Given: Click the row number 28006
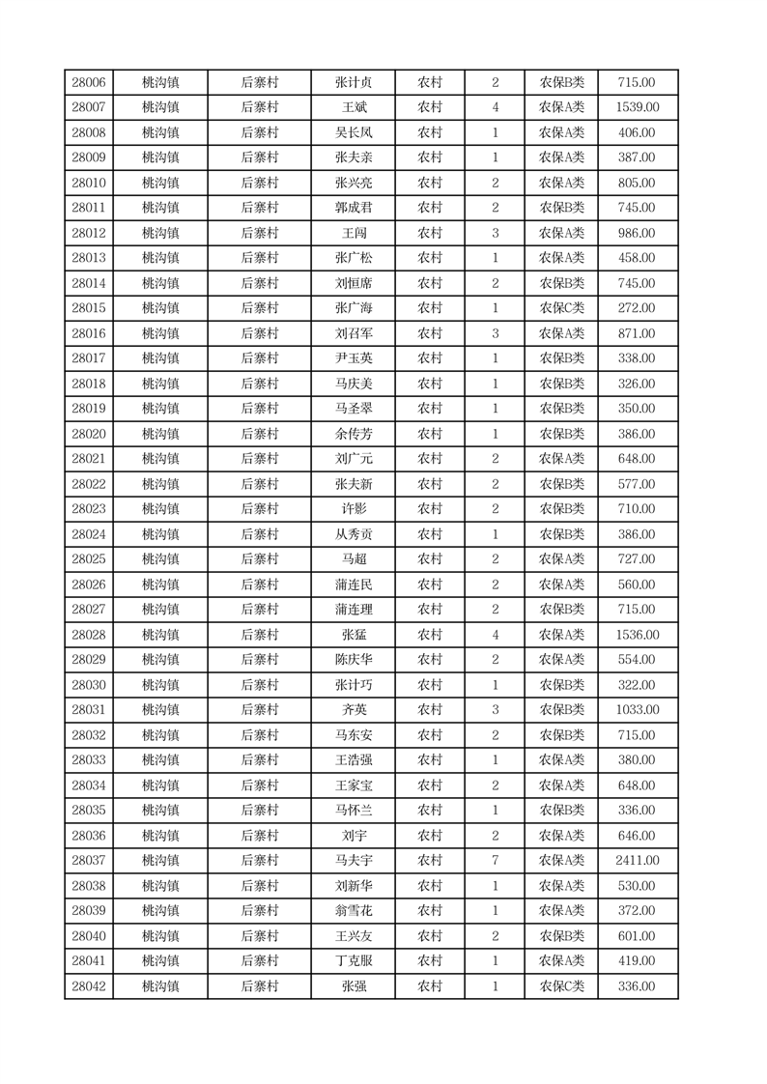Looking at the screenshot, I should pos(89,83).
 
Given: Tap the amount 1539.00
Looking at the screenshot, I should pos(637,108).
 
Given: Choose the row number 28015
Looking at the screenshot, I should pos(89,309).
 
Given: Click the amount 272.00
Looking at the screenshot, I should pos(637,309).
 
